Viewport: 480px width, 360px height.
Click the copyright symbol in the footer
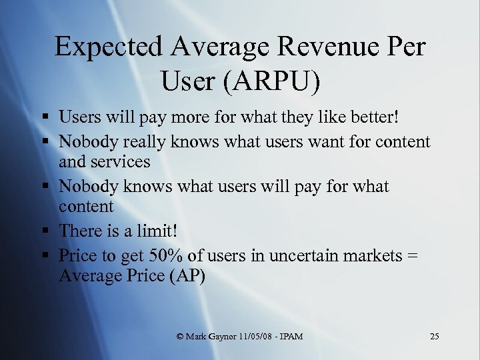181,337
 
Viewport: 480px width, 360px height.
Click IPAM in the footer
293,337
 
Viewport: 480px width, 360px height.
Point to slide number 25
435,336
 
